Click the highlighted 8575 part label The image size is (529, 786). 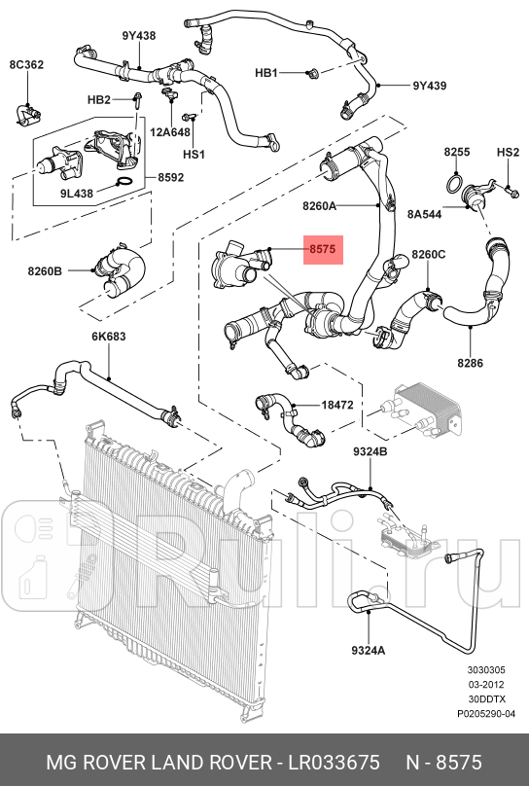pyautogui.click(x=322, y=250)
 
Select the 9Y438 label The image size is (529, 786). pyautogui.click(x=138, y=36)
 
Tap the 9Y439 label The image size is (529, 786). pyautogui.click(x=428, y=86)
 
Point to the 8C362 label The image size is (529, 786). pyautogui.click(x=26, y=65)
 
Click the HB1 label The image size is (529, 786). pyautogui.click(x=266, y=73)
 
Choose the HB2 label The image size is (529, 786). pyautogui.click(x=98, y=99)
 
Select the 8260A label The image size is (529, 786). pyautogui.click(x=319, y=206)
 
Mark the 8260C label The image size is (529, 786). pyautogui.click(x=428, y=255)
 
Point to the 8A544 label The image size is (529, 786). pyautogui.click(x=425, y=214)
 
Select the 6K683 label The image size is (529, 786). pyautogui.click(x=109, y=337)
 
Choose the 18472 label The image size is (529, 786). pyautogui.click(x=337, y=404)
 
